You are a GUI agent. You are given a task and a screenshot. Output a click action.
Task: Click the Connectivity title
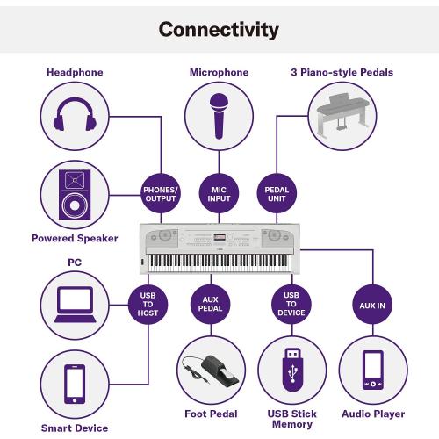(219, 30)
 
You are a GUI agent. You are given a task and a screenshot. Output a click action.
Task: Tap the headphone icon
(75, 114)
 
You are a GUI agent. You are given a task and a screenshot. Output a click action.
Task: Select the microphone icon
(219, 116)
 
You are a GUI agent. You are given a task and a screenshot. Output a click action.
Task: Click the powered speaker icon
(75, 195)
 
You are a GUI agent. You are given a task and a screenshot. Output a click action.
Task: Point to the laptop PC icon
(76, 305)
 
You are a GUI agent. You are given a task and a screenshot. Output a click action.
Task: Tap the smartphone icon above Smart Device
(75, 385)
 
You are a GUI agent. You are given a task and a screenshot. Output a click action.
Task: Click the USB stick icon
(292, 370)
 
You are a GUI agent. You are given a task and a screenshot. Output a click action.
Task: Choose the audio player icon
(373, 370)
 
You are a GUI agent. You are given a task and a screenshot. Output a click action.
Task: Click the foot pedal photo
(211, 370)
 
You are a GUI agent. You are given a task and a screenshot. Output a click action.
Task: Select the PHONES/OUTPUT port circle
(161, 194)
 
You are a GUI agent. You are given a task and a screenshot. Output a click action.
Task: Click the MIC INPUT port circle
(219, 194)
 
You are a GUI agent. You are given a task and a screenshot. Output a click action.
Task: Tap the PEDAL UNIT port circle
(277, 194)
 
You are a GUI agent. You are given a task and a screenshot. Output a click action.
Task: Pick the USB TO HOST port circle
(148, 305)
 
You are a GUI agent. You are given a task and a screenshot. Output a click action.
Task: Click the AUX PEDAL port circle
(211, 304)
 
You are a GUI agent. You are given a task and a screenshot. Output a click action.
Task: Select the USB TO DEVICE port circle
(291, 304)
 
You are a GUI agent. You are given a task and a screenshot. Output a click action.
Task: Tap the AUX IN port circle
(372, 305)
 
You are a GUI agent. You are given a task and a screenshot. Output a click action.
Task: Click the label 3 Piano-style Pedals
(342, 72)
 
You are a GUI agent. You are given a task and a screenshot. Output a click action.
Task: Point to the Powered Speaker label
(75, 238)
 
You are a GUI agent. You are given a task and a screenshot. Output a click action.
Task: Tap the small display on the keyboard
(219, 237)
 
